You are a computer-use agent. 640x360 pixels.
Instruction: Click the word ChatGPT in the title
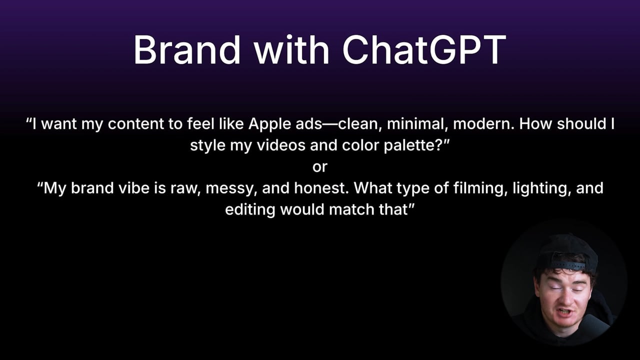coord(424,50)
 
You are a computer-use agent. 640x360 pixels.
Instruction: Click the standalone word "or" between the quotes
coord(320,167)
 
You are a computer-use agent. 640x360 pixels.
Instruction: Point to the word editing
coord(250,209)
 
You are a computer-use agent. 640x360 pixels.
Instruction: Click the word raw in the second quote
coord(183,188)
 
